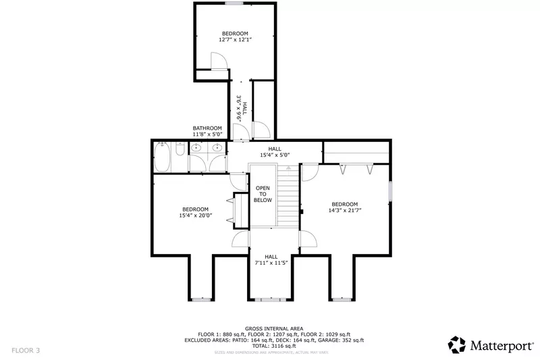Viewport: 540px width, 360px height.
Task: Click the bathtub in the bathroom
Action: [163, 158]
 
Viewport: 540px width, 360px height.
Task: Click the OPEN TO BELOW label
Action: [263, 195]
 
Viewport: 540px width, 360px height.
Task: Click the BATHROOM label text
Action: [207, 128]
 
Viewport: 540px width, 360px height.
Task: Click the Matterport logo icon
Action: [457, 344]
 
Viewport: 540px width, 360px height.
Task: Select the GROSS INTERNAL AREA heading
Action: [274, 328]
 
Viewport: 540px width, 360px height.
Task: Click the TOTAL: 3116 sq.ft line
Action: [274, 346]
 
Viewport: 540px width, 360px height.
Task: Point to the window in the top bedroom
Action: [234, 4]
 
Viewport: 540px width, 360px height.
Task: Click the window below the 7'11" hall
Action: [271, 299]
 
